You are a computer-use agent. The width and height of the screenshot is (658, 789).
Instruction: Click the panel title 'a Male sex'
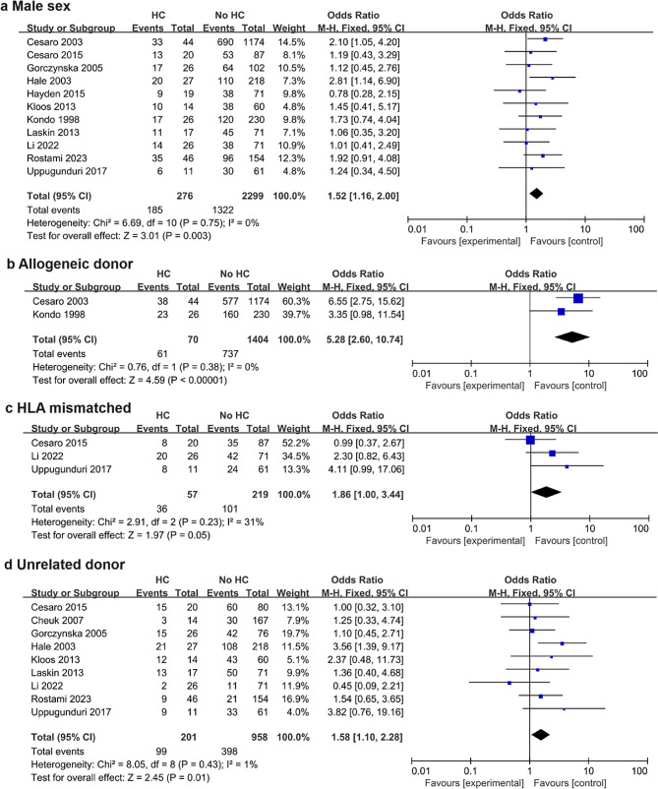click(39, 8)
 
